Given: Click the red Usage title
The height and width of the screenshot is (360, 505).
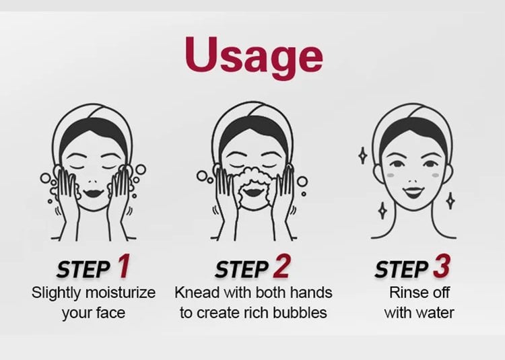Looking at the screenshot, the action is [254, 57].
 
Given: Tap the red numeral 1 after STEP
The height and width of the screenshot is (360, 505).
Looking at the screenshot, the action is [123, 266].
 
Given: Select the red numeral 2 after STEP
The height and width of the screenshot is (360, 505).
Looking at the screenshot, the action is [281, 266].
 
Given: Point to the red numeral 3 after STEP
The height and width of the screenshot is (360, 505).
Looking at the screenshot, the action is [441, 266].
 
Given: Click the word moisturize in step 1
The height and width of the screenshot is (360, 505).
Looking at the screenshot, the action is [121, 293].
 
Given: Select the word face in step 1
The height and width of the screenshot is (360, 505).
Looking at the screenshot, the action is [110, 314].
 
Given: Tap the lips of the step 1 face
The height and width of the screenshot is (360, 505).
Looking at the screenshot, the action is [93, 193].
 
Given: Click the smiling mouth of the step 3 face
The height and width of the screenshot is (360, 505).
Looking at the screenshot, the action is [413, 192].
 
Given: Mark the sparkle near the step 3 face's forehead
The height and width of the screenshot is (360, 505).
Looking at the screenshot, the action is [363, 155].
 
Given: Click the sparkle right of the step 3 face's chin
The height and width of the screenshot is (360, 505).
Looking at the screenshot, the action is [451, 201].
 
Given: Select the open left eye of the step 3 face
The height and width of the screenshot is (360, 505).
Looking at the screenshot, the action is [396, 164].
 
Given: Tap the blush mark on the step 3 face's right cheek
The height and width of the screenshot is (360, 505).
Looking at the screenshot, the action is [436, 176].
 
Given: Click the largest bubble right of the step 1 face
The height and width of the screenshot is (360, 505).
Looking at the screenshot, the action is [141, 170].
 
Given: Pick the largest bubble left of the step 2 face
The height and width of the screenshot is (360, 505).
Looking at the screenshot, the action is [202, 176].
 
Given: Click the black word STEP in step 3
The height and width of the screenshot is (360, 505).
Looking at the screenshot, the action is [402, 269].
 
